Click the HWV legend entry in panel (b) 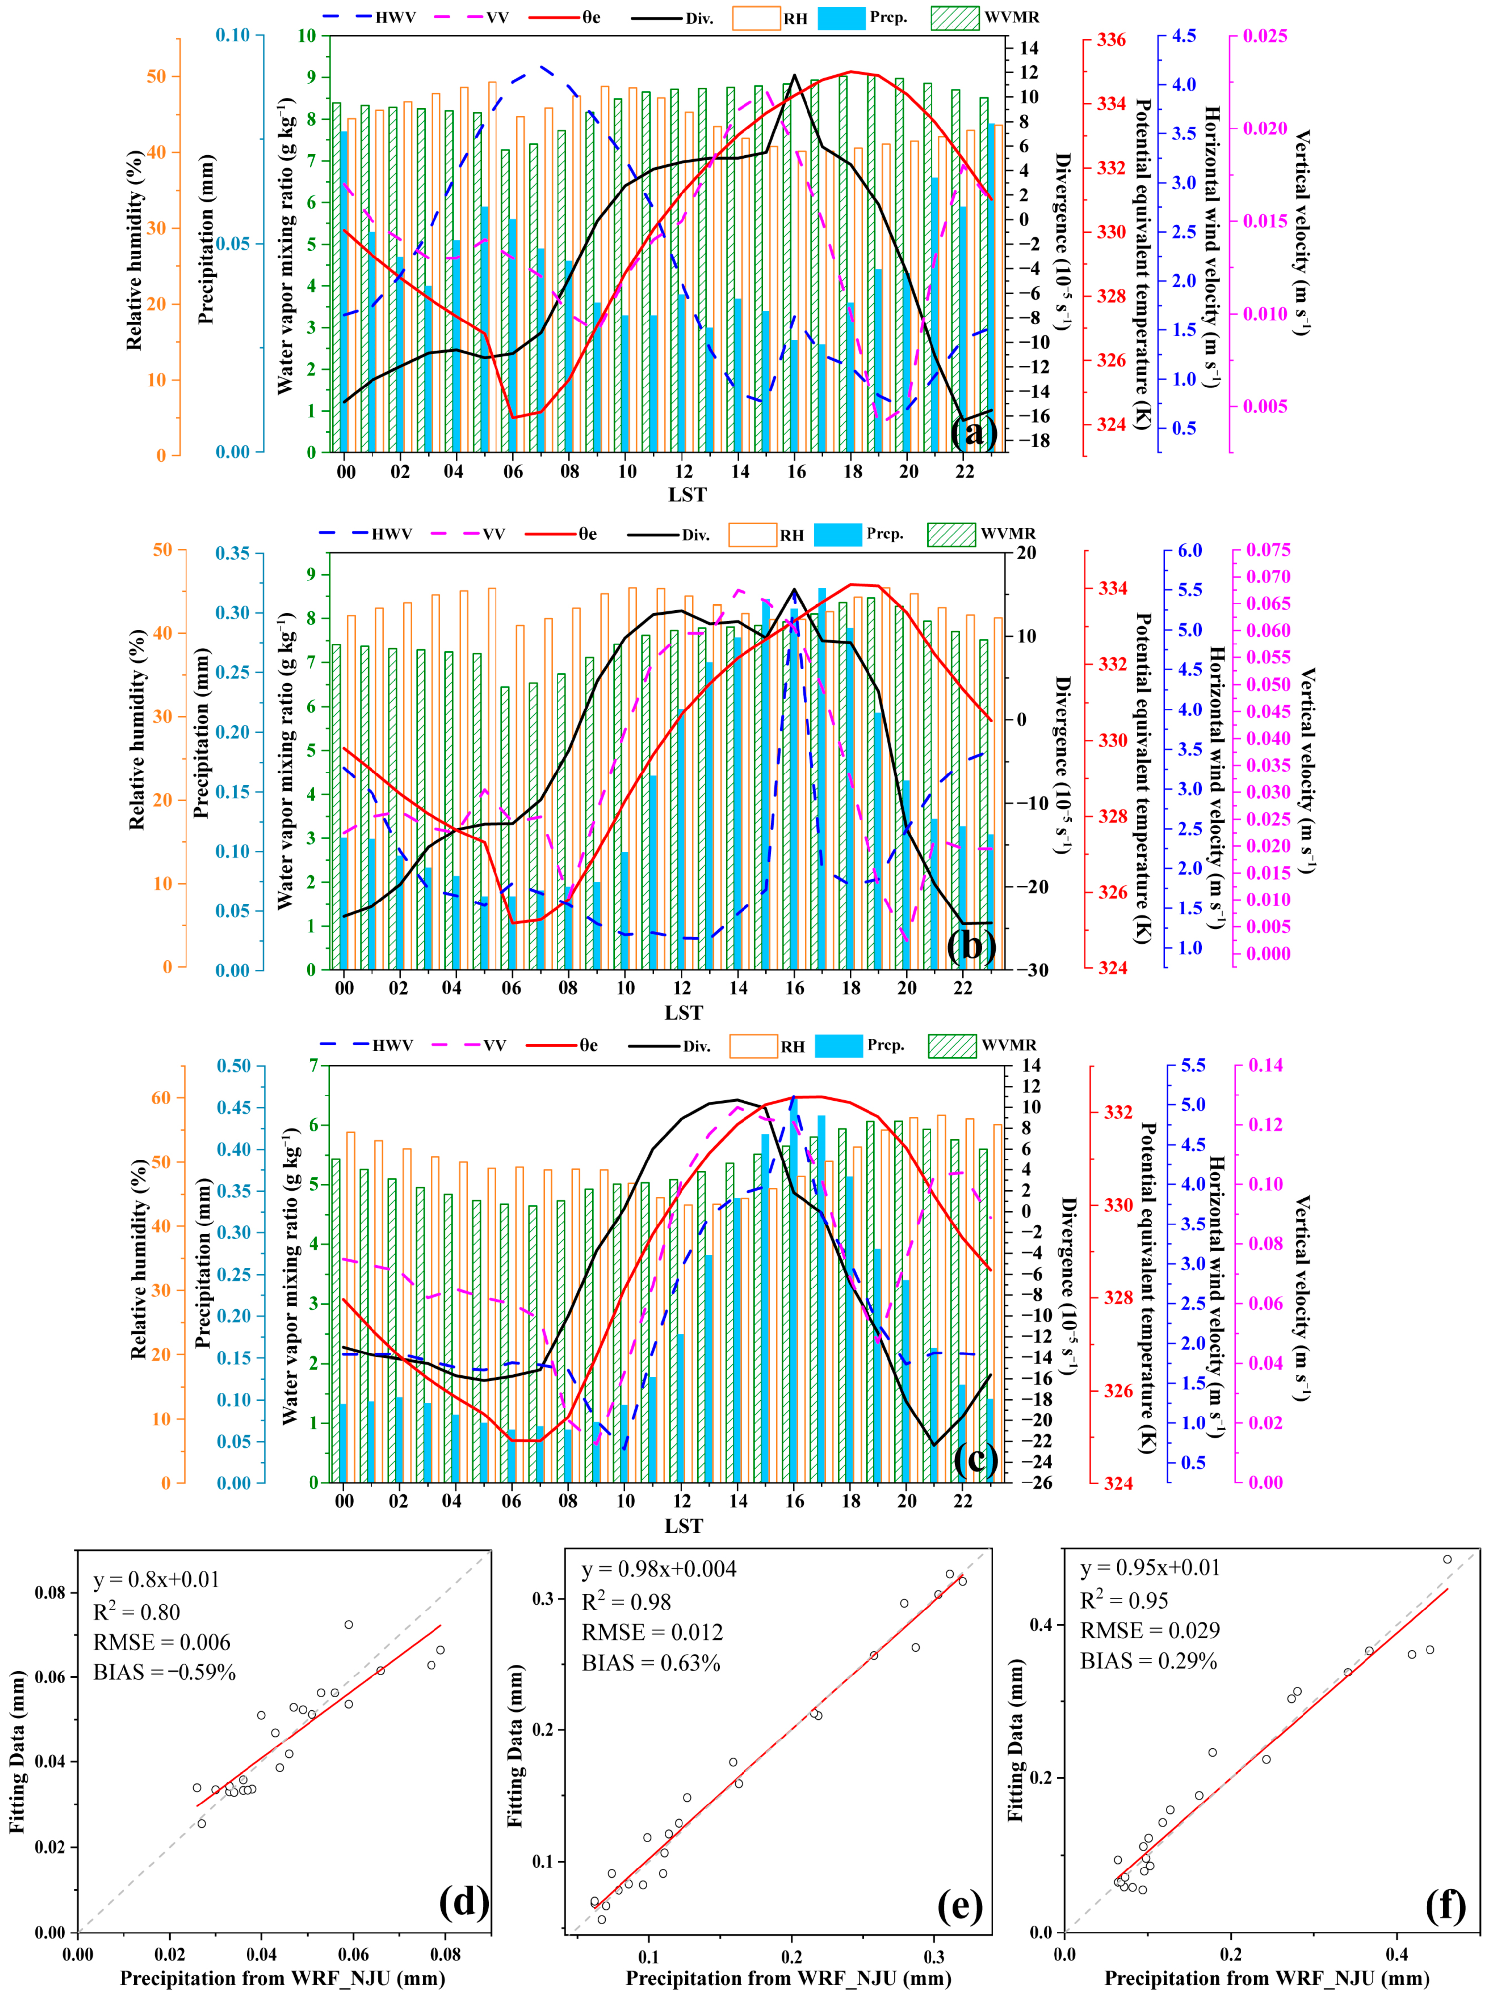point(392,534)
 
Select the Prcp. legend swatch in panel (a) point(840,18)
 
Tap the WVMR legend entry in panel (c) point(1008,1045)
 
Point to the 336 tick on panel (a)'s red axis point(1111,40)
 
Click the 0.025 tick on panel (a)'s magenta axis point(1265,36)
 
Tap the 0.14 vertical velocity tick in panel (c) point(1265,1066)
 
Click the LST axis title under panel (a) point(687,494)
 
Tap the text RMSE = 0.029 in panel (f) point(1149,1630)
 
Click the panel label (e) point(959,1905)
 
